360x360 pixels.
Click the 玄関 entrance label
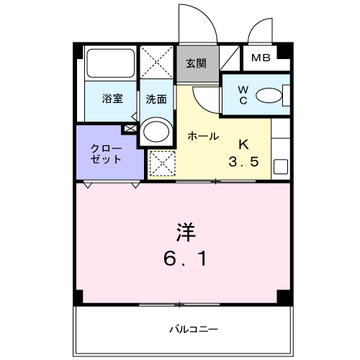(195, 63)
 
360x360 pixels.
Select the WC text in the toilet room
(243, 96)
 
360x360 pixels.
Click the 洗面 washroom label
(157, 98)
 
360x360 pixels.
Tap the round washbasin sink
(156, 132)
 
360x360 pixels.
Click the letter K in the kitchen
(243, 142)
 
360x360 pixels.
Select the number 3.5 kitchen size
(243, 161)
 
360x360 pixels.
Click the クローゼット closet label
(106, 153)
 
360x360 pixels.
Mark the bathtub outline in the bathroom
(109, 65)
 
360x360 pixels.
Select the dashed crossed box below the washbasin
(161, 164)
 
